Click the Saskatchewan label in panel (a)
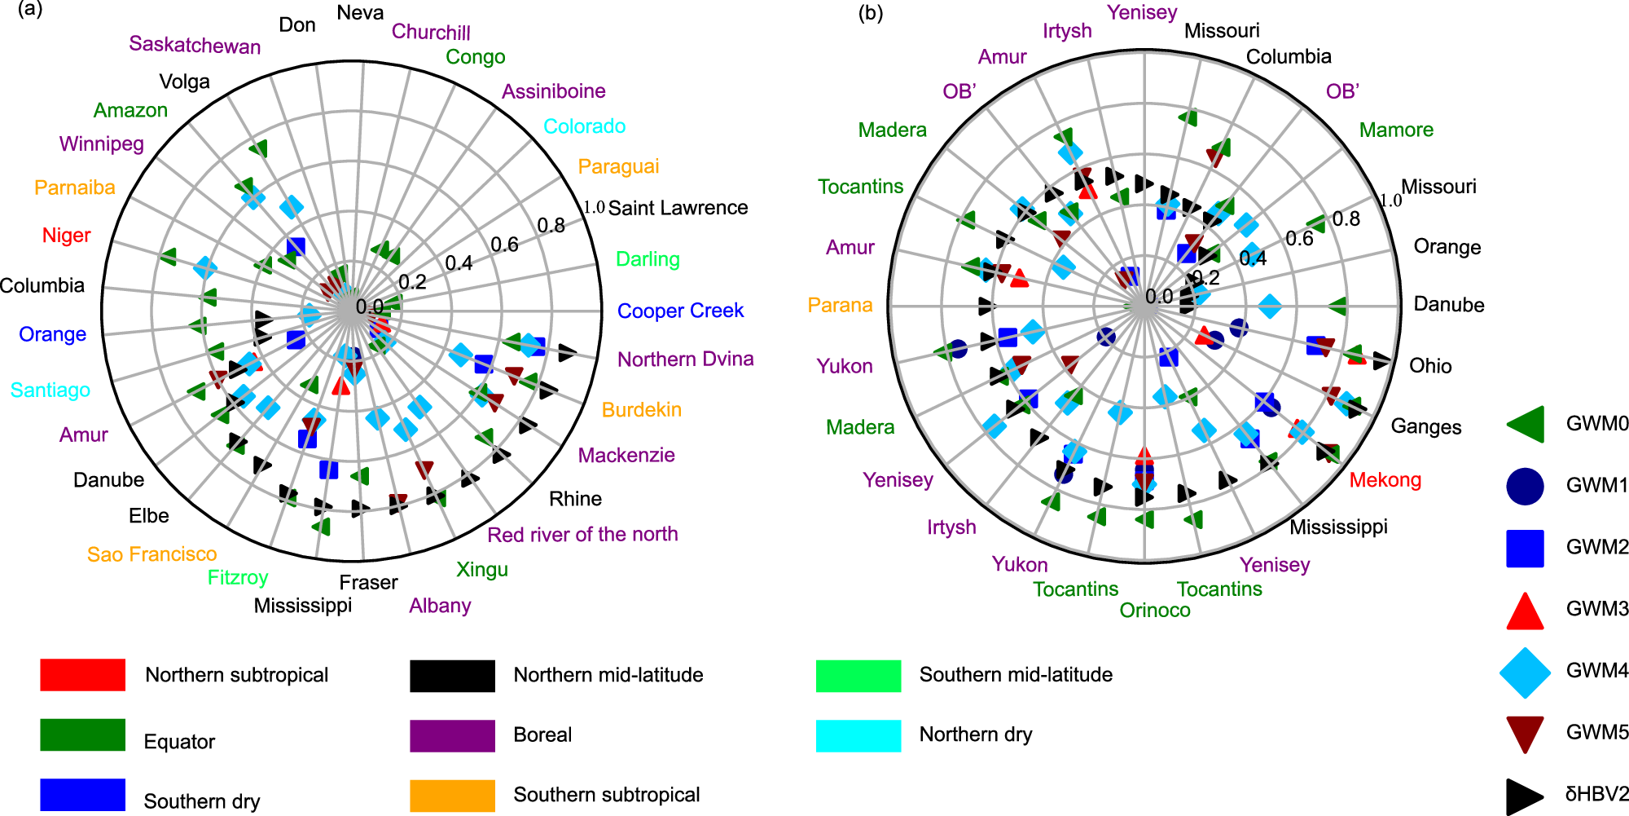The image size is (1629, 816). point(195,45)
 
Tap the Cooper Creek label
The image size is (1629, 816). point(680,311)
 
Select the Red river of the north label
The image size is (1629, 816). point(582,535)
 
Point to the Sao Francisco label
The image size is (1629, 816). point(151,554)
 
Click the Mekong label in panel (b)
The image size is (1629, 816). point(1385,480)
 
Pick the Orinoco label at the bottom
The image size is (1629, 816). point(1154,611)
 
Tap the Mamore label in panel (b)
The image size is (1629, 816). point(1396,130)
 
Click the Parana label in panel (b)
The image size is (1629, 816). point(840,305)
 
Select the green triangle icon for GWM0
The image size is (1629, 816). point(1526,424)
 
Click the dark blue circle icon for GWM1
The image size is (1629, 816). point(1525,486)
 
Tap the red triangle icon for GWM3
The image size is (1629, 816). point(1525,611)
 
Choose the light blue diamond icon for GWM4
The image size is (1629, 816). point(1525,673)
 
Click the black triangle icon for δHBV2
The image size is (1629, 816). point(1524,796)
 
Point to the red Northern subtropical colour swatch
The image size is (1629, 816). point(82,675)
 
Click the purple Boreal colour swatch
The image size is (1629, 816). point(452,735)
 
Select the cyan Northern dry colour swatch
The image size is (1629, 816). point(858,735)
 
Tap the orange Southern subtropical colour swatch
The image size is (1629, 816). point(452,796)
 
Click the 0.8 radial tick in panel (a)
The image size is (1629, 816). point(551,226)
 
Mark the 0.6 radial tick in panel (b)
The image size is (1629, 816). point(1299,238)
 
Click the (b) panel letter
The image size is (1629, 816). point(870,13)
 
